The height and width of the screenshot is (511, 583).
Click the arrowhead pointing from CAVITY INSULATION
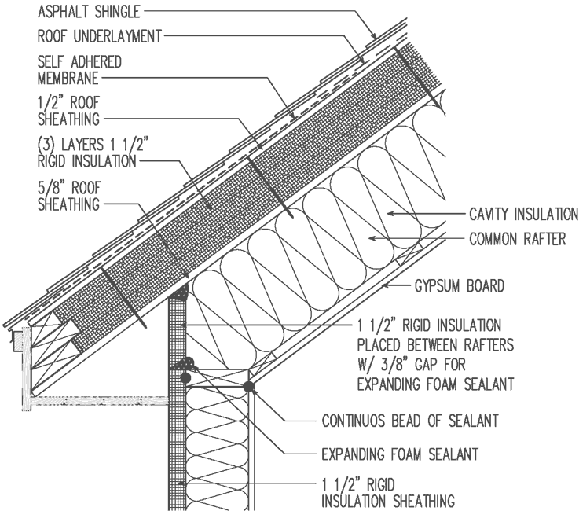[390, 213]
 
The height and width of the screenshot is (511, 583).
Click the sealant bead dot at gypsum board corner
[248, 386]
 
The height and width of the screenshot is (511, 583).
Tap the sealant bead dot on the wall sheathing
[186, 377]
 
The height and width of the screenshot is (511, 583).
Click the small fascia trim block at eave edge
[18, 340]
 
